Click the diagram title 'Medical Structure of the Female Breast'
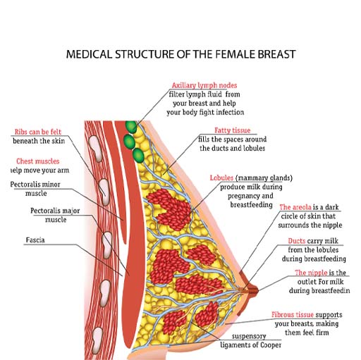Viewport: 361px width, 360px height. click(x=180, y=54)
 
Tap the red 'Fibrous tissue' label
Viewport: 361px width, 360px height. click(x=297, y=314)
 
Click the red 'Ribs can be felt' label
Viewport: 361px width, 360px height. click(x=37, y=132)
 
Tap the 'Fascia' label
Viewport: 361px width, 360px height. click(x=32, y=240)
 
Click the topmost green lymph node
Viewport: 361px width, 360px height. click(x=130, y=126)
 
